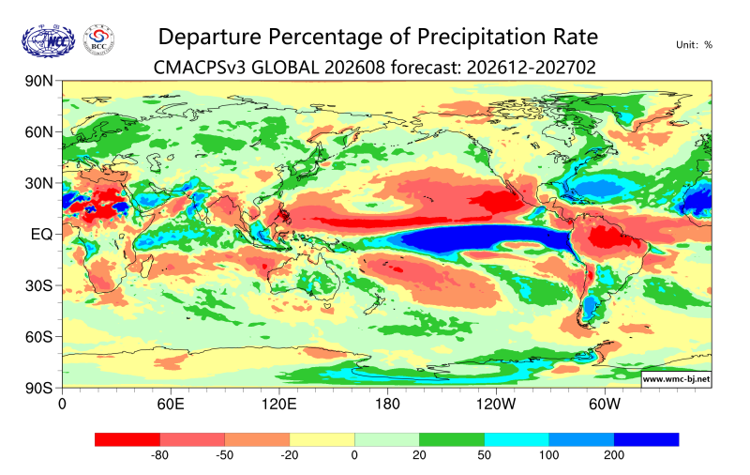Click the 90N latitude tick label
click(x=38, y=81)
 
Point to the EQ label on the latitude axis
click(x=41, y=235)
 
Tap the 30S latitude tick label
click(x=38, y=286)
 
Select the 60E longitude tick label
click(x=171, y=405)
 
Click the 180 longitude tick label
click(x=387, y=405)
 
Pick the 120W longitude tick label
click(x=496, y=405)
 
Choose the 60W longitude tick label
click(x=605, y=405)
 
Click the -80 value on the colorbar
click(x=159, y=455)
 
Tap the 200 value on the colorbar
click(x=614, y=455)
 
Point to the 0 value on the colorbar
click(x=354, y=455)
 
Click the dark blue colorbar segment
click(x=646, y=439)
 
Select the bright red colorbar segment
click(x=127, y=439)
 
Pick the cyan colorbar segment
click(x=517, y=439)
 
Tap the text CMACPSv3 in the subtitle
click(x=200, y=68)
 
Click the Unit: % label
click(x=694, y=45)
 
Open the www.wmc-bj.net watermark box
click(x=676, y=379)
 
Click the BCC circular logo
click(x=98, y=40)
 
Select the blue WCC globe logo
click(x=49, y=41)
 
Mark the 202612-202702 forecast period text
click(x=531, y=68)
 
